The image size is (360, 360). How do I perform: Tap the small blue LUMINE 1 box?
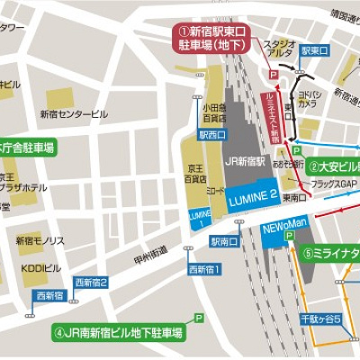click(x=200, y=218)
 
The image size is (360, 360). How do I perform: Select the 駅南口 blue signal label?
click(x=224, y=241)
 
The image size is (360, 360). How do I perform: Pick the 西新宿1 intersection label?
click(x=204, y=270)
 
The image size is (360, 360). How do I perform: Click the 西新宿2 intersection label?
click(x=91, y=282)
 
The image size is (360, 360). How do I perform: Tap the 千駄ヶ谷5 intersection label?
click(x=320, y=319)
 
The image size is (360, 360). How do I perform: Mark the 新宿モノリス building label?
click(x=40, y=241)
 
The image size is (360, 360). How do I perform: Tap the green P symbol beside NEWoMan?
click(x=290, y=236)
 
